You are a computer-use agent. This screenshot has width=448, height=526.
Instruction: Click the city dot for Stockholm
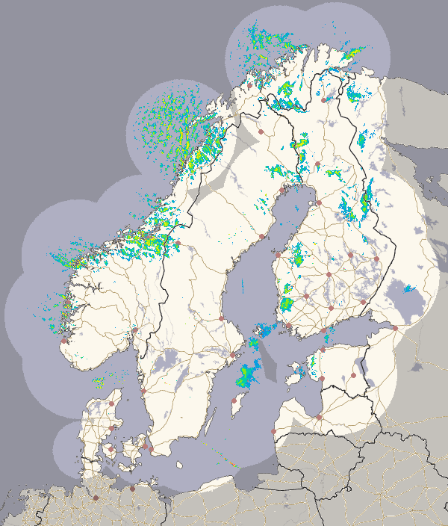pyautogui.click(x=232, y=354)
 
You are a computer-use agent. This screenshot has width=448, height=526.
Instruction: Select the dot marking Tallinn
pyautogui.click(x=323, y=350)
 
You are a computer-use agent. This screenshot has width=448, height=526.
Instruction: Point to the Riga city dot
pyautogui.click(x=319, y=417)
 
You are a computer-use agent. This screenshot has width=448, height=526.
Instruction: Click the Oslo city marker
pyautogui.click(x=135, y=329)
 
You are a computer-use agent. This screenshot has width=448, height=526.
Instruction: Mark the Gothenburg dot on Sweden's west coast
pyautogui.click(x=144, y=391)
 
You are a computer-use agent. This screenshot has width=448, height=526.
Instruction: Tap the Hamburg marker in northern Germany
pyautogui.click(x=96, y=498)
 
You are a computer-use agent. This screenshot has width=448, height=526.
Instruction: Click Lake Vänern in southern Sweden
pyautogui.click(x=163, y=366)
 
